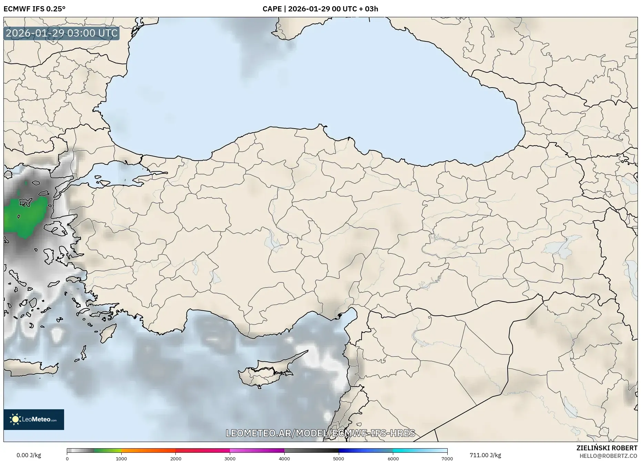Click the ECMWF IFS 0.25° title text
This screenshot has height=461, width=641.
coord(34,9)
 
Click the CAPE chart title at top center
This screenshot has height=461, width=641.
coord(320,9)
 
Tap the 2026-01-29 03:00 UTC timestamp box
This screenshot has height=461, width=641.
coord(62,33)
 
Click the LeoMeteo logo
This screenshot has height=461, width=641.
coord(34,419)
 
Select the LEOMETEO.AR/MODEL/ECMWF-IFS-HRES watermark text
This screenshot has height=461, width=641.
coord(320,433)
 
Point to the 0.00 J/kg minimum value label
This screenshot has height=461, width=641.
coord(29,455)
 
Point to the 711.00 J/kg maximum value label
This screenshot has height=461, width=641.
coord(485,455)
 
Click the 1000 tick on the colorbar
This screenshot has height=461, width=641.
coord(121,459)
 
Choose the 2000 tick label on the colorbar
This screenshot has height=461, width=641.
coord(176,459)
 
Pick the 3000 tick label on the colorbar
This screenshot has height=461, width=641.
coord(230,459)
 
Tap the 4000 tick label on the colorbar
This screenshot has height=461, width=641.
coord(284,459)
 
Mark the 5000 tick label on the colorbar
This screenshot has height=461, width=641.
coord(338,459)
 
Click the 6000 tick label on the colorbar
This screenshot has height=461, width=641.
coord(393,459)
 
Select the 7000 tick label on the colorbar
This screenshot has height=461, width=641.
coord(447,459)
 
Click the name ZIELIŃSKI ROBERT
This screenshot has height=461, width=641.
coord(607,448)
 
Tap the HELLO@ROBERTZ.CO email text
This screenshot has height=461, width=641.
coord(608,456)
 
